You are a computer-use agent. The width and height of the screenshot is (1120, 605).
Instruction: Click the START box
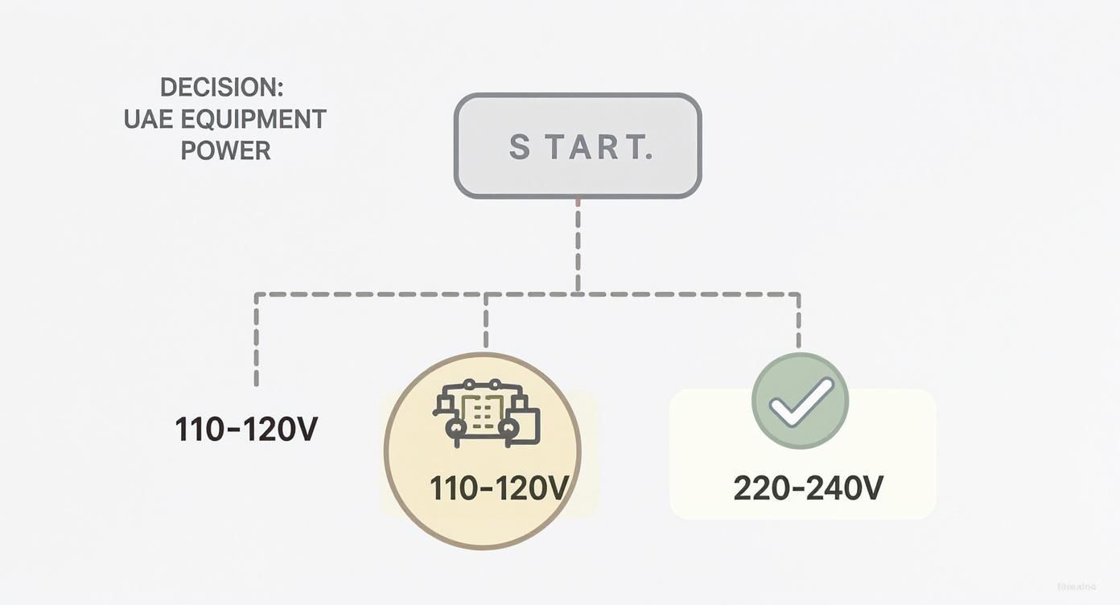pos(578,146)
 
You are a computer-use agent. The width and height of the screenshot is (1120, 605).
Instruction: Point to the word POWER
pos(225,150)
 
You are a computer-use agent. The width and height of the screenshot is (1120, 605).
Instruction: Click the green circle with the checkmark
pos(800,401)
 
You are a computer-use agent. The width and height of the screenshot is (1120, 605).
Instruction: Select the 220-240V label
pos(808,488)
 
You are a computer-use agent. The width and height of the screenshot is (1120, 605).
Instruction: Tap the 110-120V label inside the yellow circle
pos(499,488)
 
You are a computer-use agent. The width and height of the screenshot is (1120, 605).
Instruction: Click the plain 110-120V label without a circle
pos(246,430)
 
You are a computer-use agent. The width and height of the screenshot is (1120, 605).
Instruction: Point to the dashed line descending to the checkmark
pos(798,322)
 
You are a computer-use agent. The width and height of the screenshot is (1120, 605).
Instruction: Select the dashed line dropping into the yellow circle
pos(485,322)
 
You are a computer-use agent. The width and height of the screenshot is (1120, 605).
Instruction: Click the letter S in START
pos(520,146)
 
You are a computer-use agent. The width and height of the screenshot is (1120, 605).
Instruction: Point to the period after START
pos(649,156)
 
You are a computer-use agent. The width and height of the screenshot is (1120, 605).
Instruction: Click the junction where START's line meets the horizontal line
pos(578,294)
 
